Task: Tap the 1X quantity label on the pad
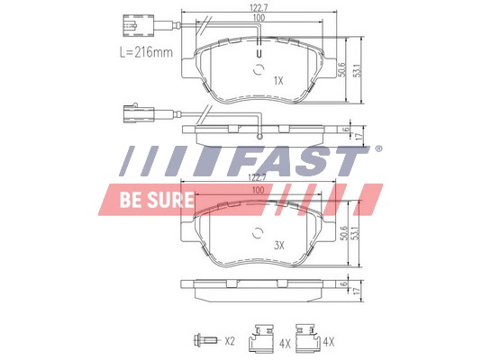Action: coord(278,80)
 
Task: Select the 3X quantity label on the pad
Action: coord(278,245)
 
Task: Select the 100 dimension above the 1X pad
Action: coord(259,19)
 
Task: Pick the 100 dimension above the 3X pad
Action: coord(259,191)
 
